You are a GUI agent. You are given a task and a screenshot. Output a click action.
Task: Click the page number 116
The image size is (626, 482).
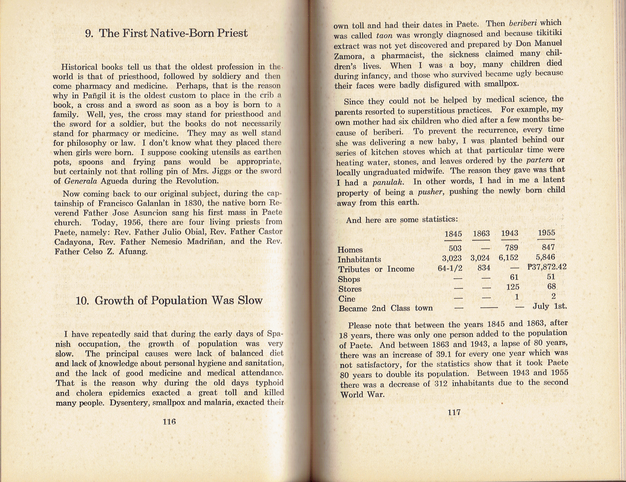pyautogui.click(x=169, y=422)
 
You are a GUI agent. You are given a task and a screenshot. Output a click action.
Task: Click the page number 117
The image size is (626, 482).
pyautogui.click(x=454, y=412)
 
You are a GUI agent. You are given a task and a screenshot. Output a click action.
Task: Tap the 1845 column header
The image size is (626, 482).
pyautogui.click(x=453, y=234)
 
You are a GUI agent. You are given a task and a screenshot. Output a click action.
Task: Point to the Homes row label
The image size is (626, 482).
pyautogui.click(x=350, y=250)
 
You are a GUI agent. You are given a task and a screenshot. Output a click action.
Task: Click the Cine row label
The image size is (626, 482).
pyautogui.click(x=347, y=299)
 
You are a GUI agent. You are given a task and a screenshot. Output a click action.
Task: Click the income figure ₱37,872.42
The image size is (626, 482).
pyautogui.click(x=547, y=267)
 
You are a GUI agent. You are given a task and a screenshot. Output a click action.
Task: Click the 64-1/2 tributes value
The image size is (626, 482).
pyautogui.click(x=450, y=268)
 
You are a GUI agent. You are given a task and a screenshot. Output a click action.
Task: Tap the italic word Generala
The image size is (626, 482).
pyautogui.click(x=81, y=181)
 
